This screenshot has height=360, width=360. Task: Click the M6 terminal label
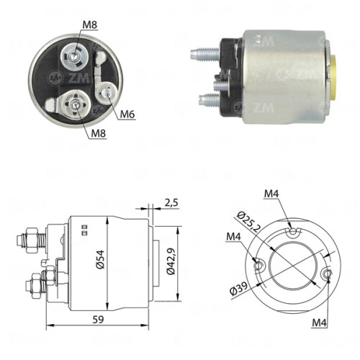point(127,114)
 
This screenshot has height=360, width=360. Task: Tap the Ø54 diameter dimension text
point(101,259)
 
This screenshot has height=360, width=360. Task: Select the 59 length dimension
point(98,320)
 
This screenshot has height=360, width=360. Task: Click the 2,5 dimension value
point(171,203)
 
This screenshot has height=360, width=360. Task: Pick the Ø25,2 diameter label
point(248,222)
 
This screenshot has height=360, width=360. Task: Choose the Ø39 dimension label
point(238,289)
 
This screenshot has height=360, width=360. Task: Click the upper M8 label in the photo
point(90,24)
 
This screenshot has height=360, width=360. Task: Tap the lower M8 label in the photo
point(99,133)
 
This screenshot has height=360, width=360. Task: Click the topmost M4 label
point(271,194)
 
